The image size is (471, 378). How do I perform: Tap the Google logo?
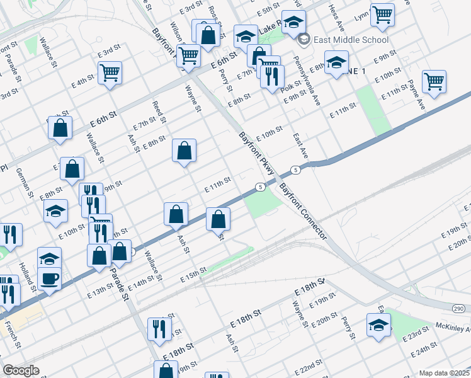[x=21, y=370]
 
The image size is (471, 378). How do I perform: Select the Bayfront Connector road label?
[x=304, y=211]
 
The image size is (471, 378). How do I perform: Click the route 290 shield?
[x=458, y=307]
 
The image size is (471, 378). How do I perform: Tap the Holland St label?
[x=25, y=275]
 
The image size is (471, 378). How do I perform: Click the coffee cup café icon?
[x=49, y=277]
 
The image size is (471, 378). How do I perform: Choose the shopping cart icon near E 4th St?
[x=110, y=72]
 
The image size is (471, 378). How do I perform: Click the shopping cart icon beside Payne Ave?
[x=434, y=81]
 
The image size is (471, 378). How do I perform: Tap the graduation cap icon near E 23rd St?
[x=378, y=325]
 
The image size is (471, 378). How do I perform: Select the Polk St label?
[x=292, y=85]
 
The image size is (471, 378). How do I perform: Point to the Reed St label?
[x=159, y=111]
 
